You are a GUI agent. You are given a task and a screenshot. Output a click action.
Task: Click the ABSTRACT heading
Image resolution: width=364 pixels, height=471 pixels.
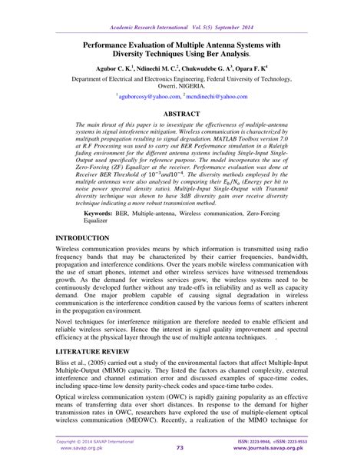tap(181, 113)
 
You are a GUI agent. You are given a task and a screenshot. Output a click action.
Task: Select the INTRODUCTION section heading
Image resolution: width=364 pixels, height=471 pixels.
tap(89, 239)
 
